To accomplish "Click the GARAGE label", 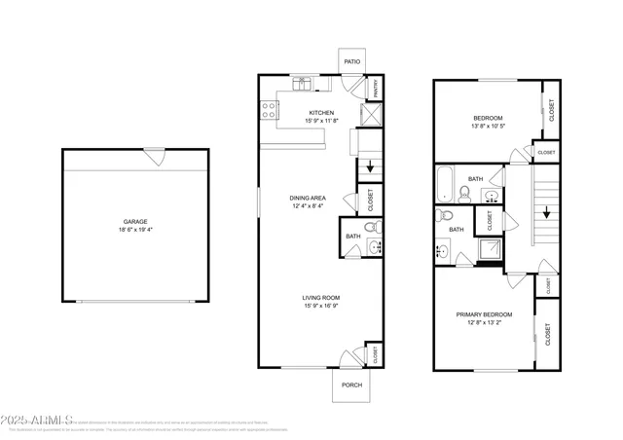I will pos(135,221).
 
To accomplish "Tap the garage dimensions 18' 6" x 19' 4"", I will pos(135,231).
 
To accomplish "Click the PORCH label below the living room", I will pos(350,385).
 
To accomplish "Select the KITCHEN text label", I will pos(322,112).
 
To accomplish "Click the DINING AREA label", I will pos(309,198).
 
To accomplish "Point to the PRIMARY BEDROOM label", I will pos(485,314).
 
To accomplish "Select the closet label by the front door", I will pos(374,355).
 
